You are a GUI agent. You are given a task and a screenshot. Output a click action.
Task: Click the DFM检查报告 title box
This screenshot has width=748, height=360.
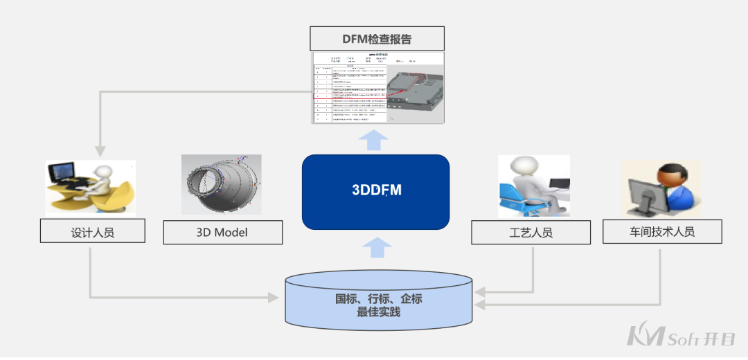coord(377,39)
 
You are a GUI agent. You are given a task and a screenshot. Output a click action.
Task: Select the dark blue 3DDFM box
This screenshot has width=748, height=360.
coord(376,192)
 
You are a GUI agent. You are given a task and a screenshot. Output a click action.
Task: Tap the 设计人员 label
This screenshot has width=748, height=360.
coord(93,232)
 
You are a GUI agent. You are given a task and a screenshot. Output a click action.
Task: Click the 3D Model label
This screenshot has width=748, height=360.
coord(222,232)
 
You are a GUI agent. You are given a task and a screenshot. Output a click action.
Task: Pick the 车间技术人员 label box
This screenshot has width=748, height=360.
coord(661,231)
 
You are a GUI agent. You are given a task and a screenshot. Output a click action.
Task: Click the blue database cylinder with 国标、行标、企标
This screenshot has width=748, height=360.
coord(379,302)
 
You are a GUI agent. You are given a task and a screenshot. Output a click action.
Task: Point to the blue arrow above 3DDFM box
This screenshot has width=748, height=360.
coord(376,139)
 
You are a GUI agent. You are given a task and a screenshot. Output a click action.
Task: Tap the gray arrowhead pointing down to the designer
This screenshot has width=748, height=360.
coord(100,150)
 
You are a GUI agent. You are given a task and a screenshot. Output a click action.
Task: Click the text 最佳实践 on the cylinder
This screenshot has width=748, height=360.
coord(378,312)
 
